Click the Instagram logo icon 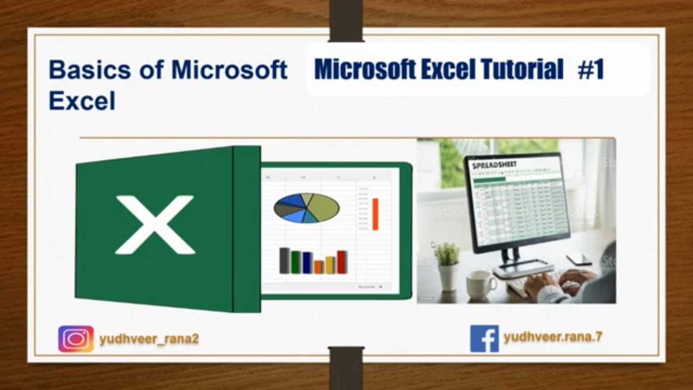pos(76,339)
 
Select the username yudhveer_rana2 pos(149,339)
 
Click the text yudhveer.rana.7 pos(553,337)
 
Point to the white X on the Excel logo pos(155,225)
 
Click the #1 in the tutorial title pos(591,70)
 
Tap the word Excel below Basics pos(82,101)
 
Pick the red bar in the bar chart pos(342,262)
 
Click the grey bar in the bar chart pos(284,261)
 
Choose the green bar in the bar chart pos(296,262)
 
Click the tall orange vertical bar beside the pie pos(375,213)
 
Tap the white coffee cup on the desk pos(480,284)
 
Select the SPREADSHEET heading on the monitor pos(495,164)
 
